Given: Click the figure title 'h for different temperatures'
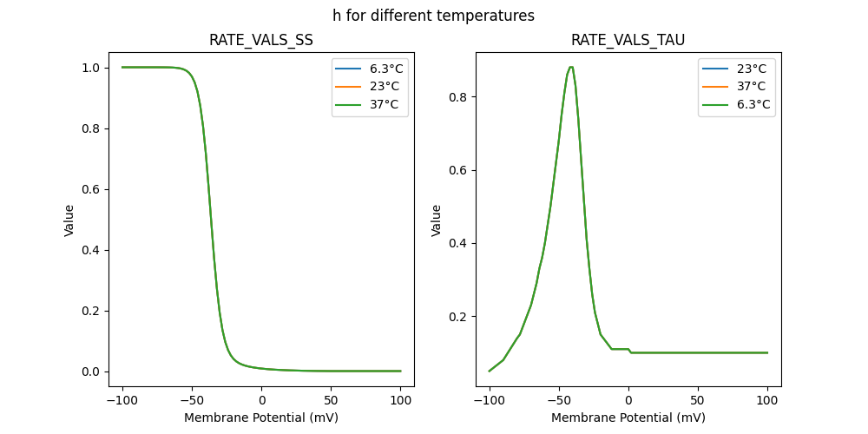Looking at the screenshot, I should tap(433, 16).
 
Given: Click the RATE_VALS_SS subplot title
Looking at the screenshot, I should tap(261, 40).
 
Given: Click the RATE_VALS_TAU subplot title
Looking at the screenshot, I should tap(628, 40).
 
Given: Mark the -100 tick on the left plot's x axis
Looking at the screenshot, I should tap(122, 401).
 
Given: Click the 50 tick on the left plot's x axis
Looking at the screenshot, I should tap(331, 401).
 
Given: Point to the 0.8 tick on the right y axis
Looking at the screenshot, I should tap(461, 97).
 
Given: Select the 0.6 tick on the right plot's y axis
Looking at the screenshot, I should tap(461, 170).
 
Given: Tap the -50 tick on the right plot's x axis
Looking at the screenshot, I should tap(558, 401).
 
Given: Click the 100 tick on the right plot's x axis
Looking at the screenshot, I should tap(767, 401).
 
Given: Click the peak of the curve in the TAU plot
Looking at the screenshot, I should tap(570, 67).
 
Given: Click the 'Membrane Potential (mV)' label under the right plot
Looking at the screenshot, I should tap(628, 418).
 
